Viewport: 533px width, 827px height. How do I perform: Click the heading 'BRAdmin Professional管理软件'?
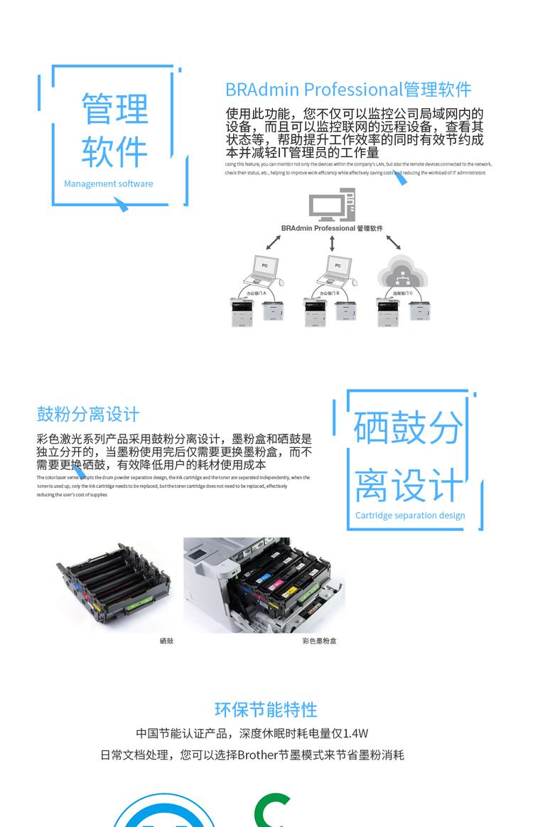[348, 90]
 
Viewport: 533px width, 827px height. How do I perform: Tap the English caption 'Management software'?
[108, 183]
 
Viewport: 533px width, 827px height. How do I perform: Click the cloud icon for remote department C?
[402, 271]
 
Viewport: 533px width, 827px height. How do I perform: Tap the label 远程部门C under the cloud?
[402, 293]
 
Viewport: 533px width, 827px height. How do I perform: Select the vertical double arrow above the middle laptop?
[332, 243]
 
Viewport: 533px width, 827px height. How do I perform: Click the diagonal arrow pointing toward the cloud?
[394, 242]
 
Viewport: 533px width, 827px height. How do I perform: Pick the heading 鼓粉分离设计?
[88, 414]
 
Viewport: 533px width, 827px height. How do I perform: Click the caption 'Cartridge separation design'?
[410, 516]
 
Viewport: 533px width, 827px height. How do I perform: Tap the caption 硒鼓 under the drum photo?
[166, 641]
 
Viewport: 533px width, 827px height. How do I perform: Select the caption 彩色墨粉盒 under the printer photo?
[319, 641]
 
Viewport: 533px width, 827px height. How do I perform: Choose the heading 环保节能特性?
[266, 709]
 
